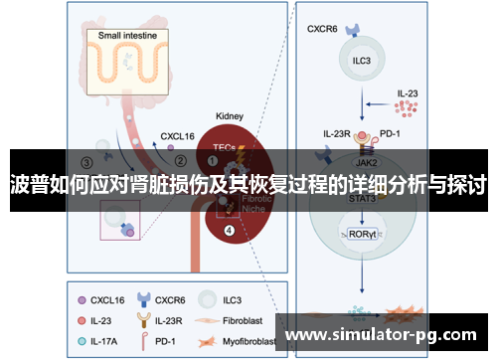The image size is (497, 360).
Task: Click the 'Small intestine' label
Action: pos(133,35)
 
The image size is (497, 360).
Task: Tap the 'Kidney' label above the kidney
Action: pos(230,115)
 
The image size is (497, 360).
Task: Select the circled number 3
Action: pos(87,162)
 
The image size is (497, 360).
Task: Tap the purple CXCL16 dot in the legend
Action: pos(80,298)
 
